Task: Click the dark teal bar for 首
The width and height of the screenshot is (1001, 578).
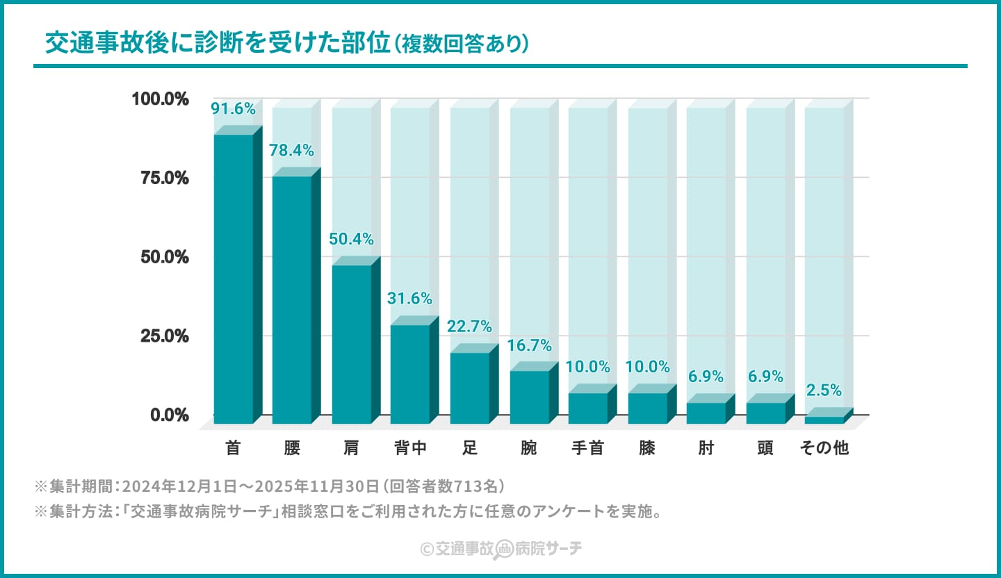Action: (x=233, y=278)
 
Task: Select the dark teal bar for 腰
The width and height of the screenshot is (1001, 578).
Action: (x=292, y=299)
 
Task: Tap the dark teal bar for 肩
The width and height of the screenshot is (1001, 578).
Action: (x=351, y=344)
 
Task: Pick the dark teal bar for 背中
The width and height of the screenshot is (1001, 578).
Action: (x=410, y=374)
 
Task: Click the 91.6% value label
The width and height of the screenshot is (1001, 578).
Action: (x=233, y=109)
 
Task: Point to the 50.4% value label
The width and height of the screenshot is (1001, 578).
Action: (x=351, y=240)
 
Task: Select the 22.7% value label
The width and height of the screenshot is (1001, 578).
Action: (x=469, y=327)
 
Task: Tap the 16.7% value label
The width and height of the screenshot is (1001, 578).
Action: (x=529, y=345)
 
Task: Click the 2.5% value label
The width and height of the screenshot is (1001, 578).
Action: (x=824, y=390)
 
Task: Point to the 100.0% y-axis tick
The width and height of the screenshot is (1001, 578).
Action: (x=161, y=99)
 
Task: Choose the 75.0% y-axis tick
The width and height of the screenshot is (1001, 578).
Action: (x=164, y=178)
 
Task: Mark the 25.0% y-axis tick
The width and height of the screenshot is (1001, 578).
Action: (x=164, y=336)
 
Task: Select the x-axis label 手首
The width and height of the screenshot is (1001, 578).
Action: (x=587, y=448)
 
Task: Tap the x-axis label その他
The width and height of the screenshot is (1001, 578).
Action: (x=824, y=448)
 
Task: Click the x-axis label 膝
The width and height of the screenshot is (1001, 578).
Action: (x=647, y=448)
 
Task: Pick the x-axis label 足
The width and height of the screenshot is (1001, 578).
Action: (x=469, y=448)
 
